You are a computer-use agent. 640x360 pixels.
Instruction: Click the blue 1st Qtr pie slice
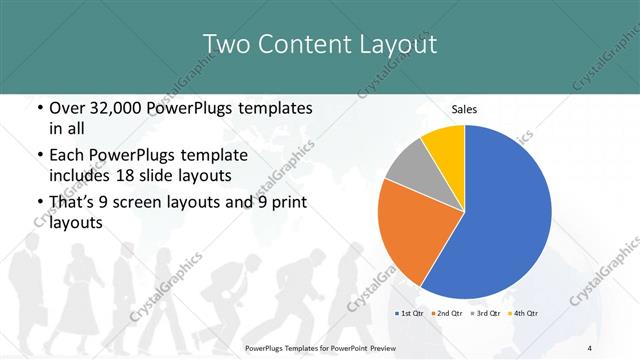click(500, 220)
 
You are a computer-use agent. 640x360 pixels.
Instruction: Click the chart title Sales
click(464, 108)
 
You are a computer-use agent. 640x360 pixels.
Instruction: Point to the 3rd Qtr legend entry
click(485, 315)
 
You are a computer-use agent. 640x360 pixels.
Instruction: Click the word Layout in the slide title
click(397, 43)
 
